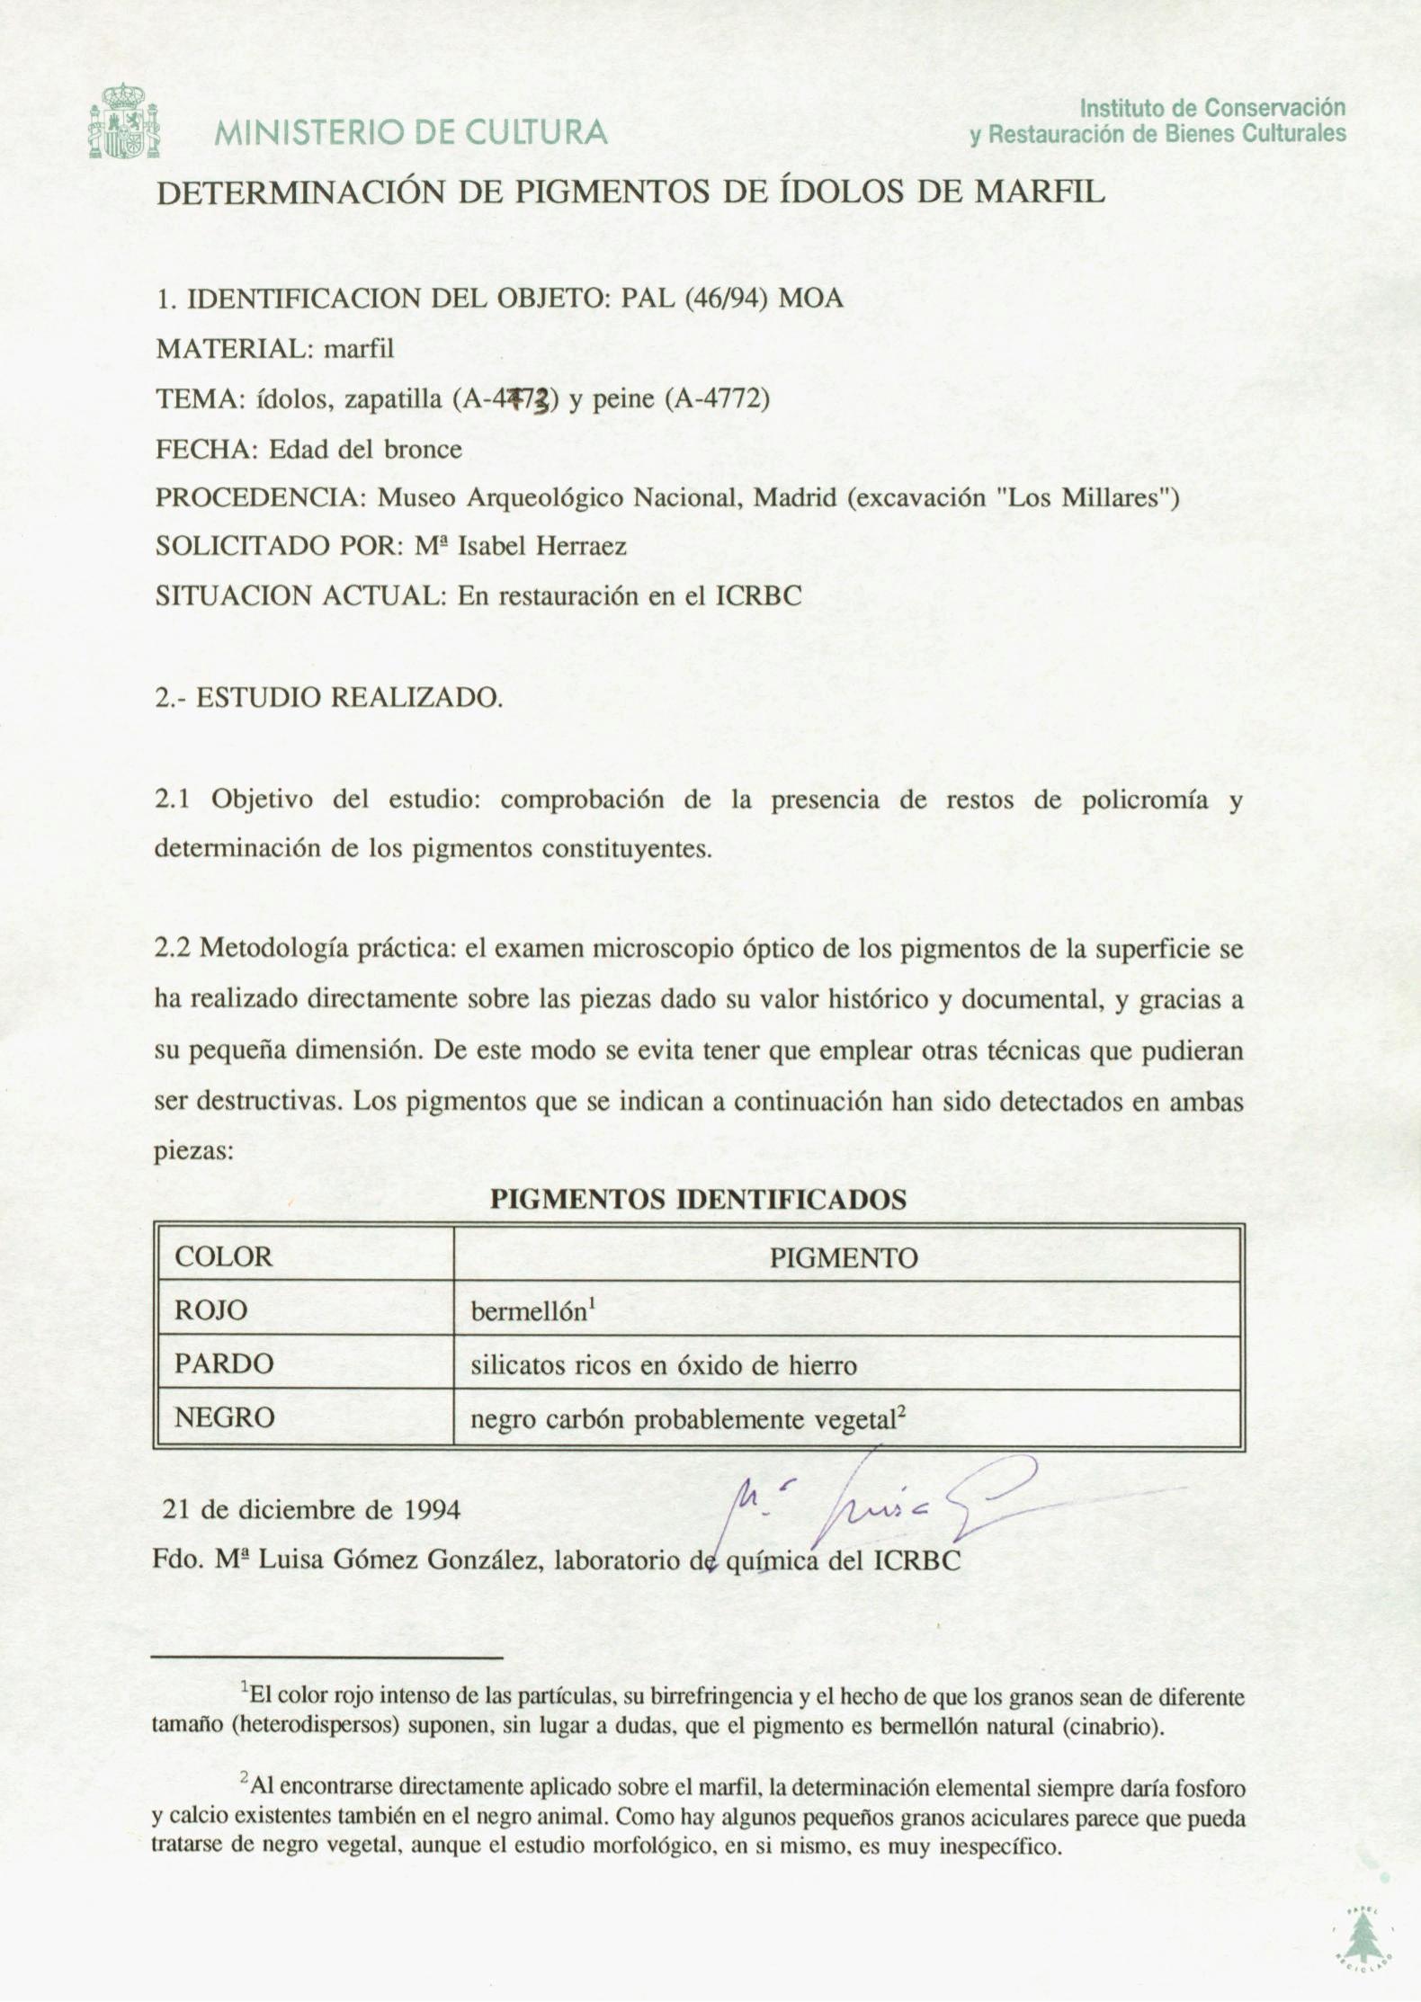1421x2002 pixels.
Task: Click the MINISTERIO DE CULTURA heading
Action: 410,133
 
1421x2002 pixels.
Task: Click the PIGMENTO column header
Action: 844,1257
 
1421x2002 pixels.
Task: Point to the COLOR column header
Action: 223,1256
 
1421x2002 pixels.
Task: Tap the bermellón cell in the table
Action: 531,1310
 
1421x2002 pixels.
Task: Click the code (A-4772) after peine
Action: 717,398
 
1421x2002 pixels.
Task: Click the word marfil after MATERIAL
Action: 359,348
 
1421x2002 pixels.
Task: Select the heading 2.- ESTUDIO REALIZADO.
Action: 328,698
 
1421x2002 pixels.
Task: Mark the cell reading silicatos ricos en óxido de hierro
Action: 664,1364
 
